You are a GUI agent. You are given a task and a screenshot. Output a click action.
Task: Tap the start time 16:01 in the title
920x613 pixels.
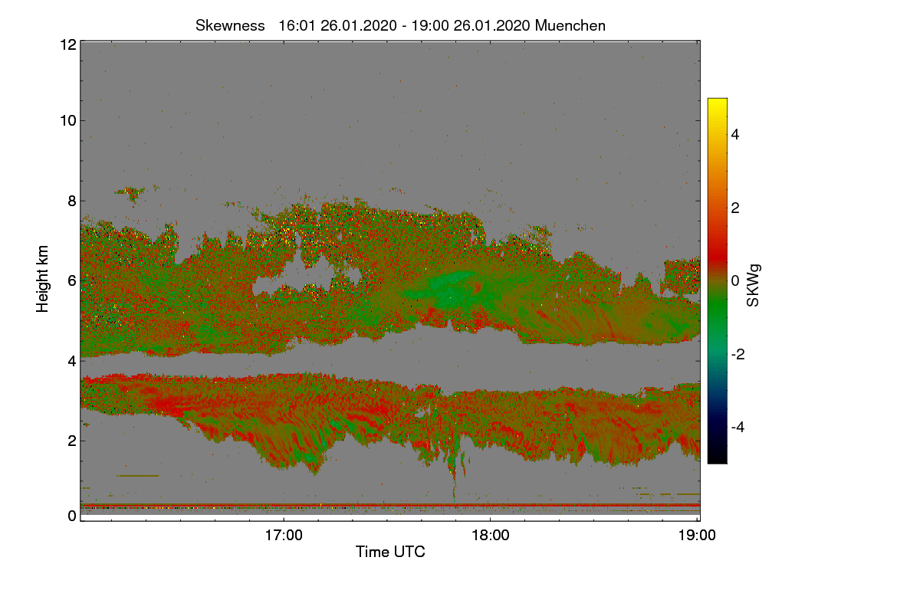[294, 25]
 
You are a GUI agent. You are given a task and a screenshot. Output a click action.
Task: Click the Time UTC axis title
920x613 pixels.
[390, 552]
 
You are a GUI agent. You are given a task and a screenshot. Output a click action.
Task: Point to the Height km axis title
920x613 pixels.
[44, 280]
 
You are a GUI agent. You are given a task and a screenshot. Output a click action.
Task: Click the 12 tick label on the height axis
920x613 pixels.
[67, 44]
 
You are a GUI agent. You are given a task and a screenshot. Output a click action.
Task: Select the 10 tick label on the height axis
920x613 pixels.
[67, 120]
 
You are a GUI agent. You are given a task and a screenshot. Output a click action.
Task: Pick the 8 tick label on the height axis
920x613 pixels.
[71, 201]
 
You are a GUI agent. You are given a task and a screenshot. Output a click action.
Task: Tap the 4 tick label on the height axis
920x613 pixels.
[71, 360]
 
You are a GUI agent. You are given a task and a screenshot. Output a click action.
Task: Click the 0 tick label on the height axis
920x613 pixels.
[71, 516]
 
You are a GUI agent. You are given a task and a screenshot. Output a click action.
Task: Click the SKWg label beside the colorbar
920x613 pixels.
[754, 285]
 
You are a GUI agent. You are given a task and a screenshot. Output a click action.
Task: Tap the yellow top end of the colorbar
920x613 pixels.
[717, 102]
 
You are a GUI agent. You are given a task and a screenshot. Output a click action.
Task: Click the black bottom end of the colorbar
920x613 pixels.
[717, 460]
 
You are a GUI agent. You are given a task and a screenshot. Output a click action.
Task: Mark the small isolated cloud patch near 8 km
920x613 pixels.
[130, 193]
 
